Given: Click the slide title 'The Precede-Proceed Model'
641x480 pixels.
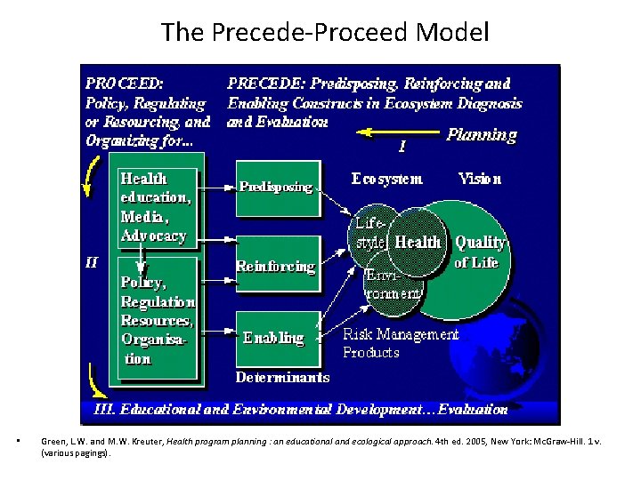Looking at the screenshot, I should pyautogui.click(x=325, y=33).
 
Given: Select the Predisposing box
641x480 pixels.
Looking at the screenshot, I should pyautogui.click(x=277, y=188).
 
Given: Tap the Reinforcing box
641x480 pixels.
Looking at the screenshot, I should pyautogui.click(x=277, y=266).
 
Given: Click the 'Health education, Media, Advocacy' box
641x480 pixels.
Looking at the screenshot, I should pyautogui.click(x=156, y=207).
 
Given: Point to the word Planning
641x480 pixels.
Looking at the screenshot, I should pyautogui.click(x=481, y=134).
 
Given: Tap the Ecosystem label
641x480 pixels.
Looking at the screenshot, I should pyautogui.click(x=387, y=179).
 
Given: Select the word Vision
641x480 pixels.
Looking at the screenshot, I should pyautogui.click(x=480, y=179).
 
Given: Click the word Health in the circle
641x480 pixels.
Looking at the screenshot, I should pyautogui.click(x=418, y=242).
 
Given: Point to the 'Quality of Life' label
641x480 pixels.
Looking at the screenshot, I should pyautogui.click(x=480, y=252).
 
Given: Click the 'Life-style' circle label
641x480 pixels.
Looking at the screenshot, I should pyautogui.click(x=369, y=233).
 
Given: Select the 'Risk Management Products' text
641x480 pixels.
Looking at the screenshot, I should pyautogui.click(x=401, y=343).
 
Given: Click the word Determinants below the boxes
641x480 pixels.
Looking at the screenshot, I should pyautogui.click(x=282, y=377).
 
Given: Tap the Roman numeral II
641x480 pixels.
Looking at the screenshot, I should pyautogui.click(x=92, y=263).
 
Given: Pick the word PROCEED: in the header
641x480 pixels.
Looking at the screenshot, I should pyautogui.click(x=125, y=84).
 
